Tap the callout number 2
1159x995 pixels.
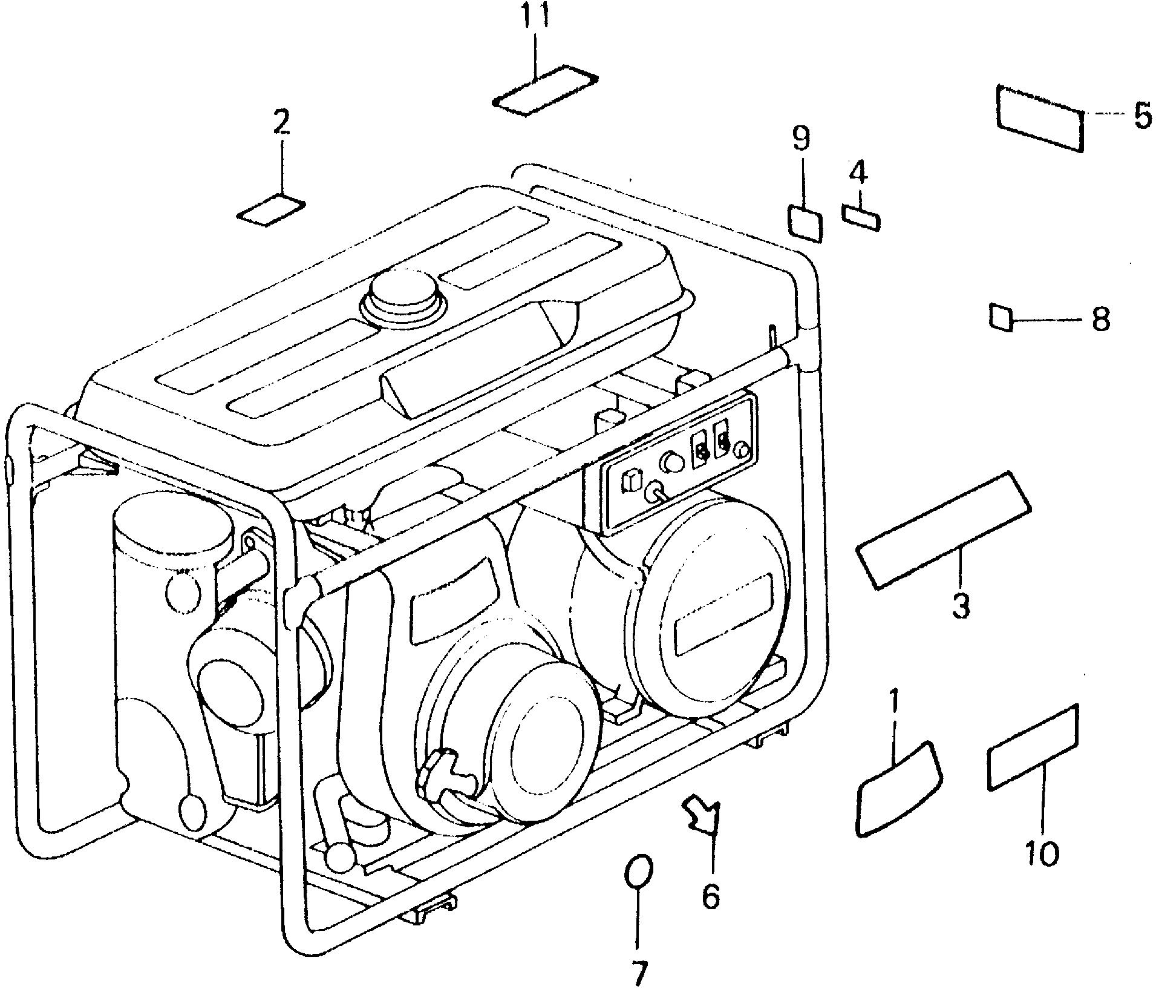[281, 123]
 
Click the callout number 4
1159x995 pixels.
[858, 174]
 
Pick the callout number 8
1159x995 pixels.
[1100, 318]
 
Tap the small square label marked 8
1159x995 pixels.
[1001, 317]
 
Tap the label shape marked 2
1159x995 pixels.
[270, 210]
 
